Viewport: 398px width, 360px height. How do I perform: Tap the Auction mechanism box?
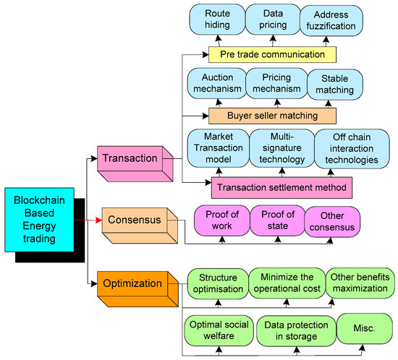tap(215, 84)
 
